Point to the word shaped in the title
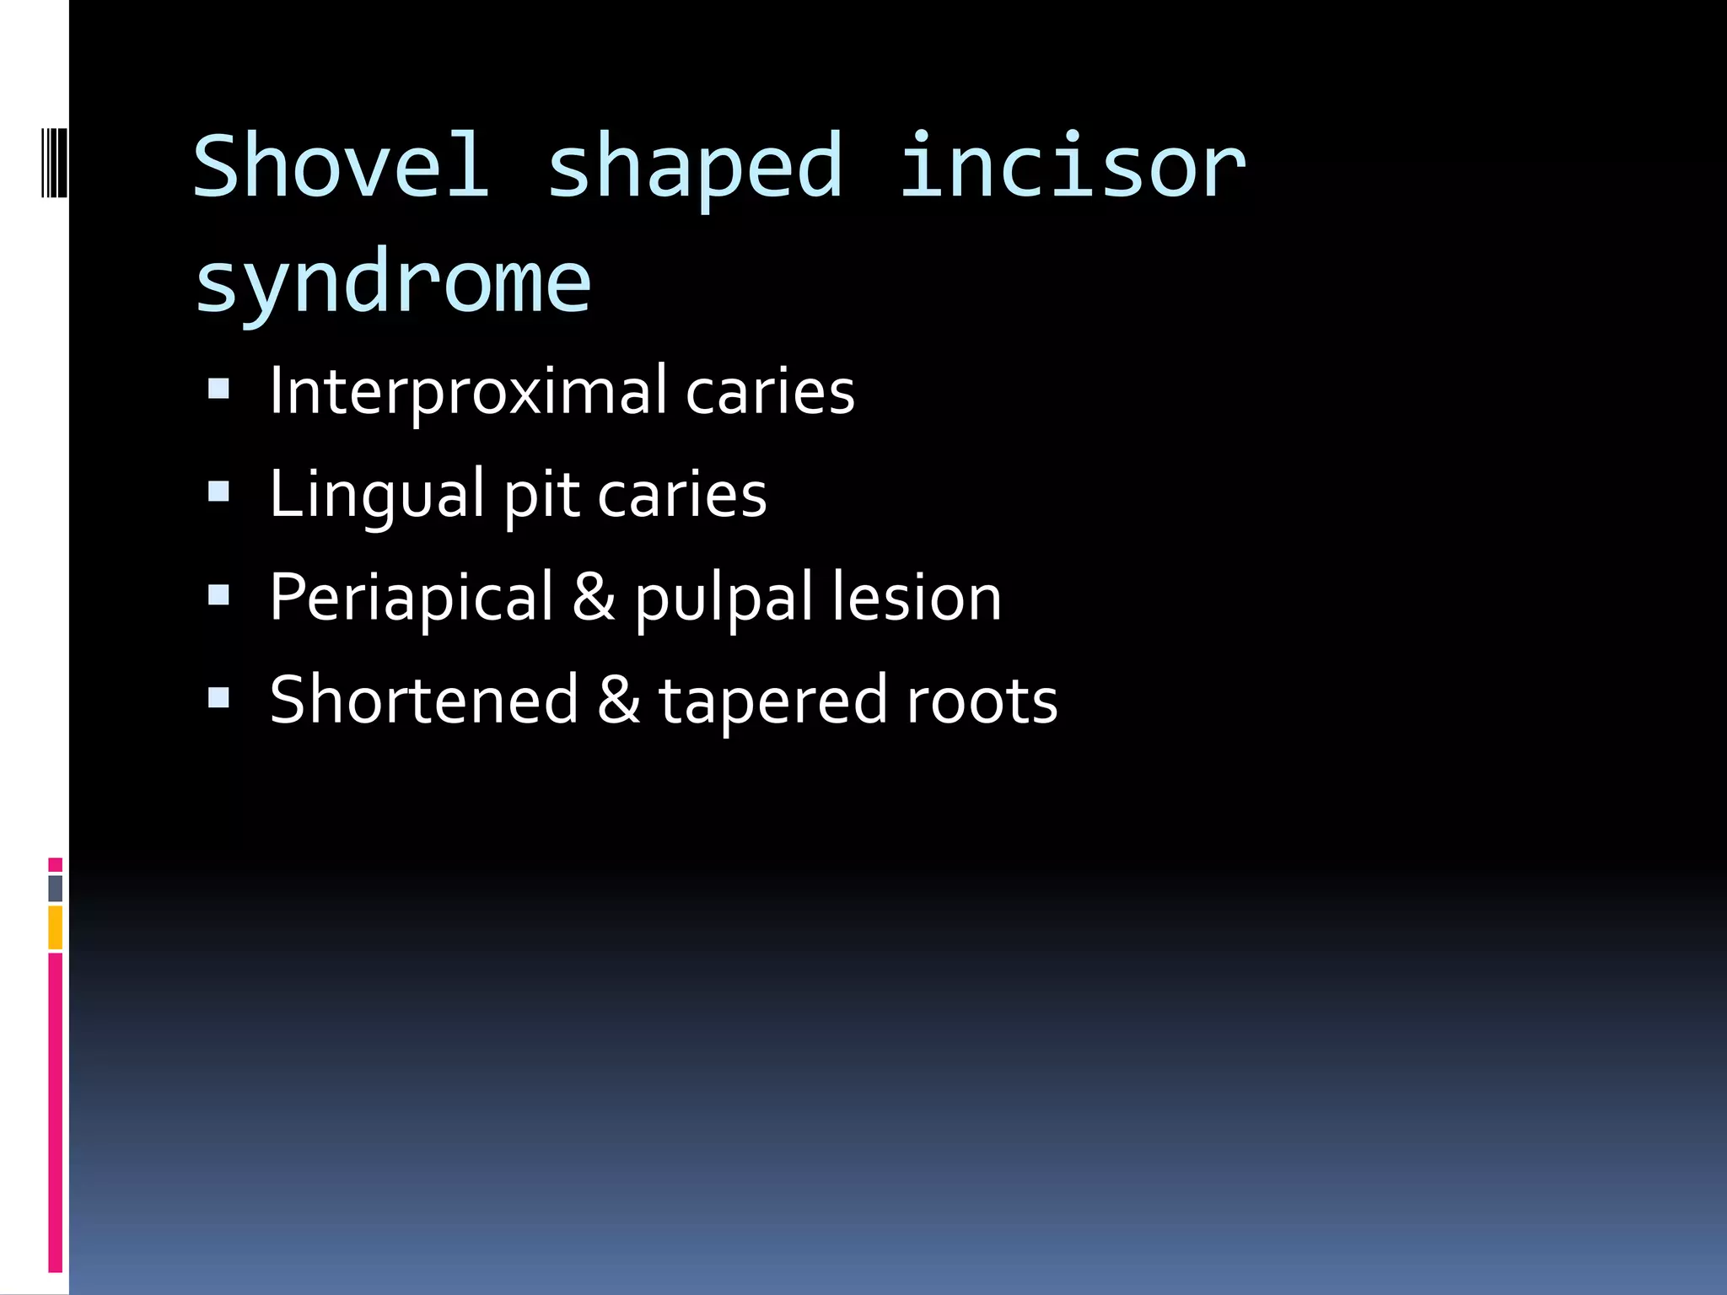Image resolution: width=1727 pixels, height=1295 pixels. tap(695, 169)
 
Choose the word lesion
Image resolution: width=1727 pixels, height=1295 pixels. tap(917, 597)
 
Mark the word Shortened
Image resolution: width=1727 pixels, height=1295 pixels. tap(423, 700)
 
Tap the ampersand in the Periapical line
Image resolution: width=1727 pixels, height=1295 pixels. tap(594, 597)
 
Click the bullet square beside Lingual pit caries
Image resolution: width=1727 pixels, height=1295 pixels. tap(219, 492)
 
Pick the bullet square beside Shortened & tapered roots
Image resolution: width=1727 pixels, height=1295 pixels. tap(219, 697)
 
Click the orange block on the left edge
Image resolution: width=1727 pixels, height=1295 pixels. tap(55, 927)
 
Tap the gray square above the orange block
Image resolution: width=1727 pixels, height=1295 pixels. tap(55, 888)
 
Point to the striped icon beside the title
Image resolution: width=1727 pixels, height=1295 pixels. tap(54, 162)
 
